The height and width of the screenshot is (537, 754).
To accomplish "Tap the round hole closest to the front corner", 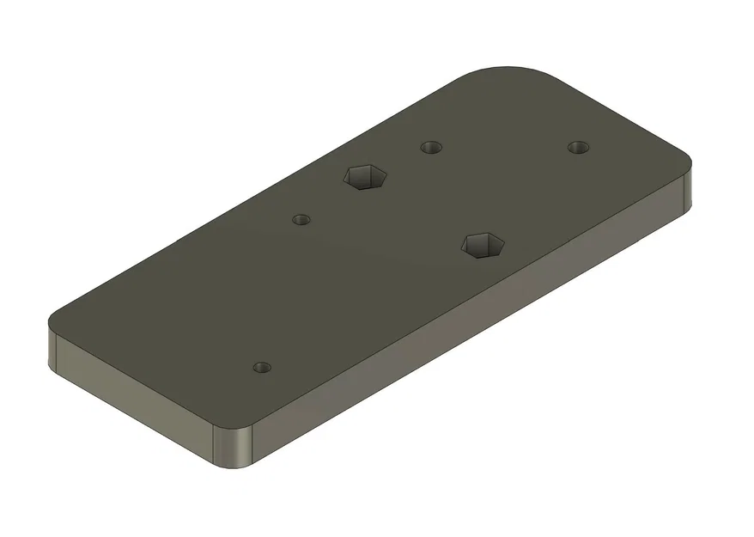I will tap(262, 368).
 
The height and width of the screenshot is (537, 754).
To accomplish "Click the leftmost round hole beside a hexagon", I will tap(301, 219).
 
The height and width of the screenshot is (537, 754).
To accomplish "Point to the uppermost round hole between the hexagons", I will tap(431, 147).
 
